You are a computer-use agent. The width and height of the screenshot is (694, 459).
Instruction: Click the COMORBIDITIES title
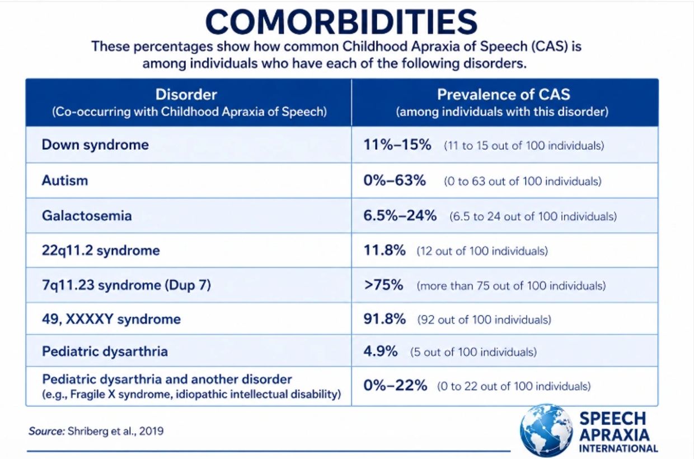[x=341, y=22]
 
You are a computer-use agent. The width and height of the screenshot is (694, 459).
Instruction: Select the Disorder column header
[x=186, y=94]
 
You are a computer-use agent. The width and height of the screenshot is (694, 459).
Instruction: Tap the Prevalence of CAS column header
[x=504, y=94]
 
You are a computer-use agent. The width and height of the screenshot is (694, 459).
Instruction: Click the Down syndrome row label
[x=95, y=145]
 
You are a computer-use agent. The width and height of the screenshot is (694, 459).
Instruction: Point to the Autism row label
[x=65, y=180]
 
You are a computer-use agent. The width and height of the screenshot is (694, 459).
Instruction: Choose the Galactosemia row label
[x=87, y=216]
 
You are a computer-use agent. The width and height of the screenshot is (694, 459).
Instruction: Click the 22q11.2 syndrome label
[x=101, y=251]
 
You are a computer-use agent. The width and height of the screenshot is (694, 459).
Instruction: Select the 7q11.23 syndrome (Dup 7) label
[x=126, y=285]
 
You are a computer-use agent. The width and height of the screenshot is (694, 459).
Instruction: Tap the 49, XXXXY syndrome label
[x=111, y=319]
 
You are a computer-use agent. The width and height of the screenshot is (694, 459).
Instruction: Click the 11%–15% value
[x=397, y=145]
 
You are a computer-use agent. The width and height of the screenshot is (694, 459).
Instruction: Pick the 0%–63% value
[x=395, y=180]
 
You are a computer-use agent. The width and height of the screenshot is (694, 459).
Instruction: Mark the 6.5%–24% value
[x=400, y=215]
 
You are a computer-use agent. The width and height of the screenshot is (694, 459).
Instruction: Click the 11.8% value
[x=384, y=250]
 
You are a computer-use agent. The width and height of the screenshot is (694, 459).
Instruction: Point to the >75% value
[x=383, y=285]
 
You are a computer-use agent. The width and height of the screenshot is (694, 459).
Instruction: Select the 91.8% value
[x=384, y=319]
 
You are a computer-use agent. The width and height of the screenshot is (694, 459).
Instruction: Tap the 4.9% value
[x=381, y=351]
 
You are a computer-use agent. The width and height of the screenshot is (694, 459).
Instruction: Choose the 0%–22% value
[x=395, y=386]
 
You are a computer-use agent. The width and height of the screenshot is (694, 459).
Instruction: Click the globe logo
[x=546, y=430]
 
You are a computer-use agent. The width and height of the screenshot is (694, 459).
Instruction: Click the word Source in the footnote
[x=46, y=432]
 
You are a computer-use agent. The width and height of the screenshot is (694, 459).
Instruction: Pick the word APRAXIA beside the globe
[x=614, y=435]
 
